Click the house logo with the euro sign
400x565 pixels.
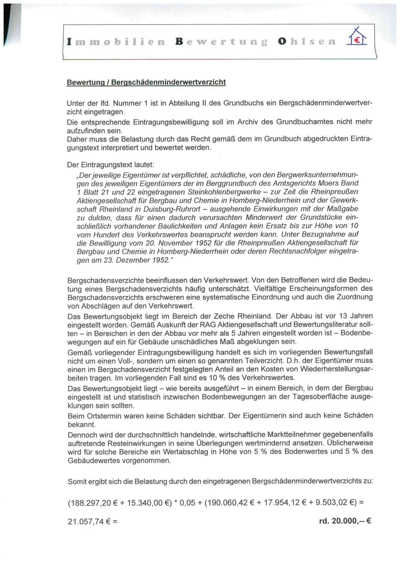(357, 37)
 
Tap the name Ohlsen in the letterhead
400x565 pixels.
(306, 41)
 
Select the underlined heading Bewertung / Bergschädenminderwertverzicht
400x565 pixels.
(146, 82)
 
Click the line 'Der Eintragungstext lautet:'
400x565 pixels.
(111, 165)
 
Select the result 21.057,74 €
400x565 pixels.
(87, 521)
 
